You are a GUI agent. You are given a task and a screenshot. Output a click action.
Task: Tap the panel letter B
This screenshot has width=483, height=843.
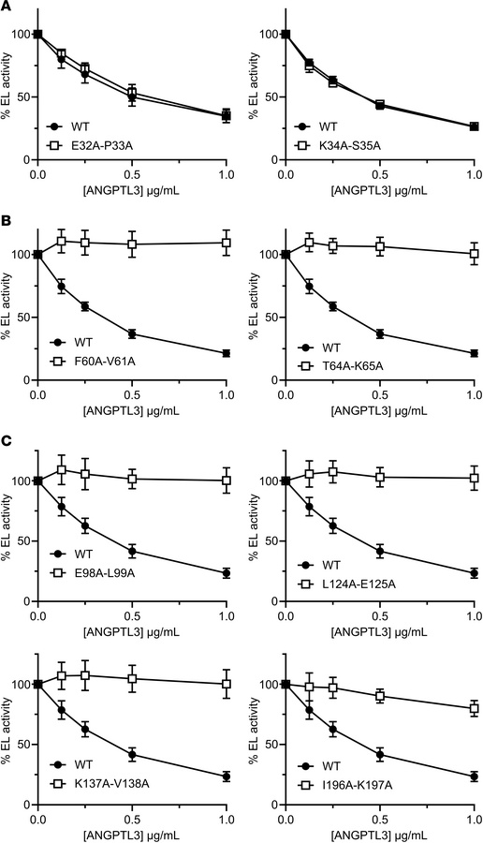7,229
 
